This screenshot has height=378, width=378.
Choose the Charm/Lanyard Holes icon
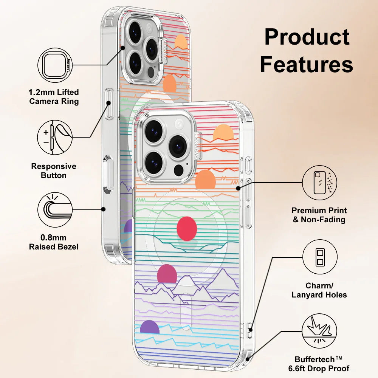click(320, 257)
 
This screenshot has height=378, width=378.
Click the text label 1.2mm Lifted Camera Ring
click(54, 97)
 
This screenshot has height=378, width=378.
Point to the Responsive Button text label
click(54, 171)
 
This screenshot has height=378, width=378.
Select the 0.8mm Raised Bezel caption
click(54, 242)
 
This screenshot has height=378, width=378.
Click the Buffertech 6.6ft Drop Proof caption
click(322, 364)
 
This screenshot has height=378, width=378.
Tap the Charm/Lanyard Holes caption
click(319, 290)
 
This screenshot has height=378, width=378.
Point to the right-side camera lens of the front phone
click(178, 147)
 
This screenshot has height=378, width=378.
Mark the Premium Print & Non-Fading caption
click(319, 215)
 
